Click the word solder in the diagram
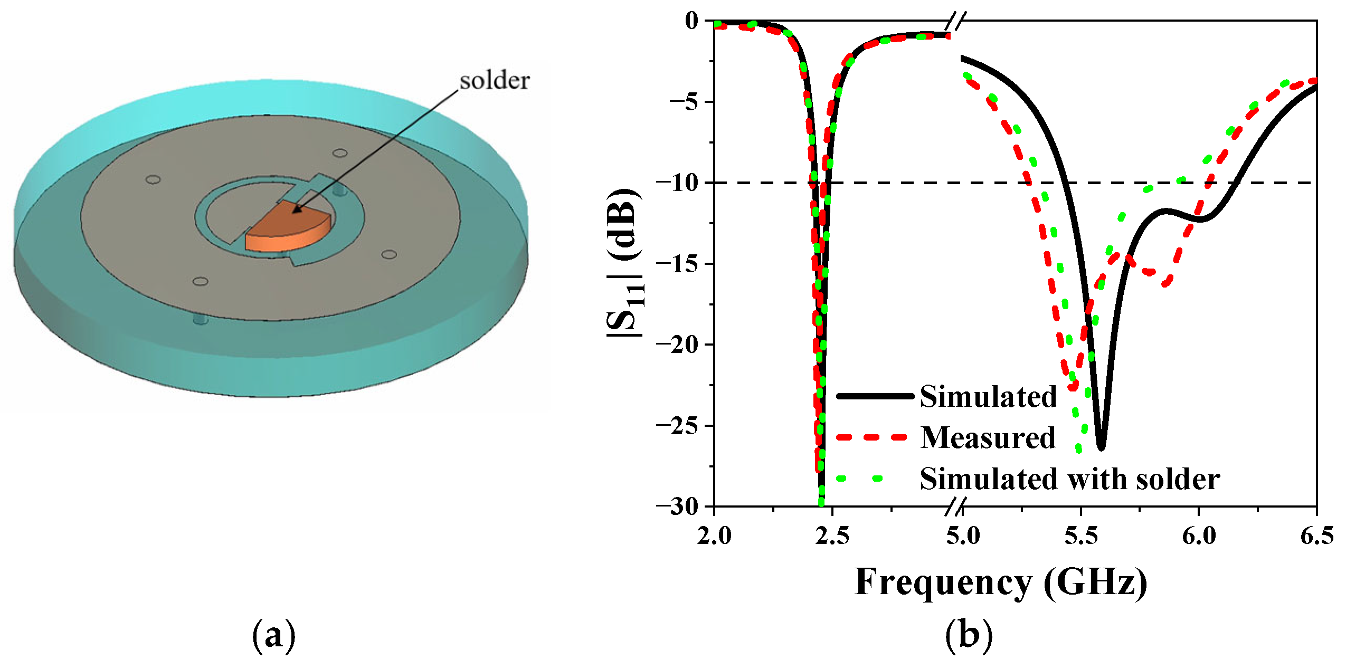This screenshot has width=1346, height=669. [x=494, y=81]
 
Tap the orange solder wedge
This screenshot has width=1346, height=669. [x=288, y=227]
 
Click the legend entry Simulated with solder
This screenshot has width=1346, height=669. [x=1069, y=479]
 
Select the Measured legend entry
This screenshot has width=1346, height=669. [x=988, y=438]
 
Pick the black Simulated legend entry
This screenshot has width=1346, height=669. [x=988, y=396]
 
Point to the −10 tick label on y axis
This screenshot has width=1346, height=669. [x=676, y=183]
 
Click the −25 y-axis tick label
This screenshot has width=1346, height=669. [x=676, y=425]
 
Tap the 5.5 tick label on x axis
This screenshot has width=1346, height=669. [x=1080, y=536]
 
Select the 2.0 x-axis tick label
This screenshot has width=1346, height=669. [x=714, y=536]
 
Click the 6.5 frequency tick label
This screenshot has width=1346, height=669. [x=1316, y=536]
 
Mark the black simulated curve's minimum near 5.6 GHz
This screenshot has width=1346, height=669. [x=1101, y=447]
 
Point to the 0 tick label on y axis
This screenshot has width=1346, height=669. [x=691, y=21]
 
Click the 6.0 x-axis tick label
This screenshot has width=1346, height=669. [x=1199, y=536]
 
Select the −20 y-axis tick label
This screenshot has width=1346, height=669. [x=676, y=345]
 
